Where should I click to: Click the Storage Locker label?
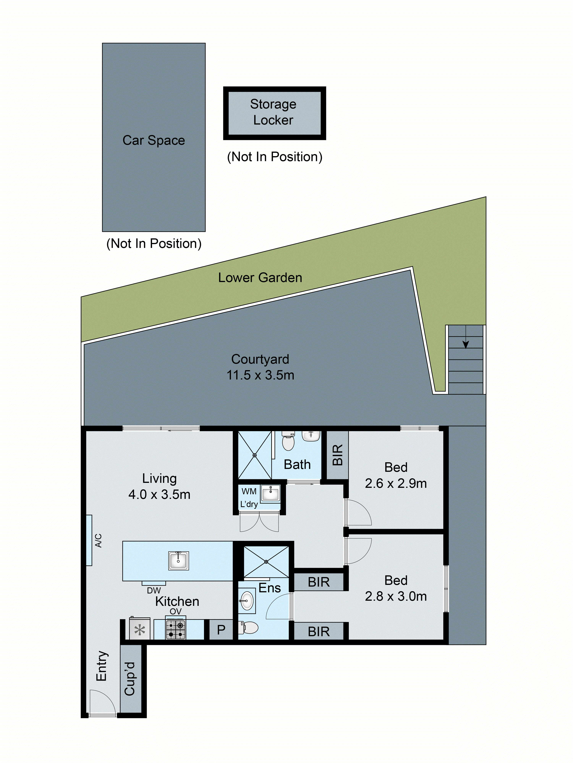(273, 112)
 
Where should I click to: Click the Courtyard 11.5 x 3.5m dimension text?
(260, 375)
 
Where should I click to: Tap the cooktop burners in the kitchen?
(176, 630)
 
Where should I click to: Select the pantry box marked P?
(221, 630)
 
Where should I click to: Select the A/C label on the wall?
(98, 540)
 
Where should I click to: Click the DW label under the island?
(154, 591)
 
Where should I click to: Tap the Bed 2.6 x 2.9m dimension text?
(396, 483)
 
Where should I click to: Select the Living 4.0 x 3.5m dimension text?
(159, 494)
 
